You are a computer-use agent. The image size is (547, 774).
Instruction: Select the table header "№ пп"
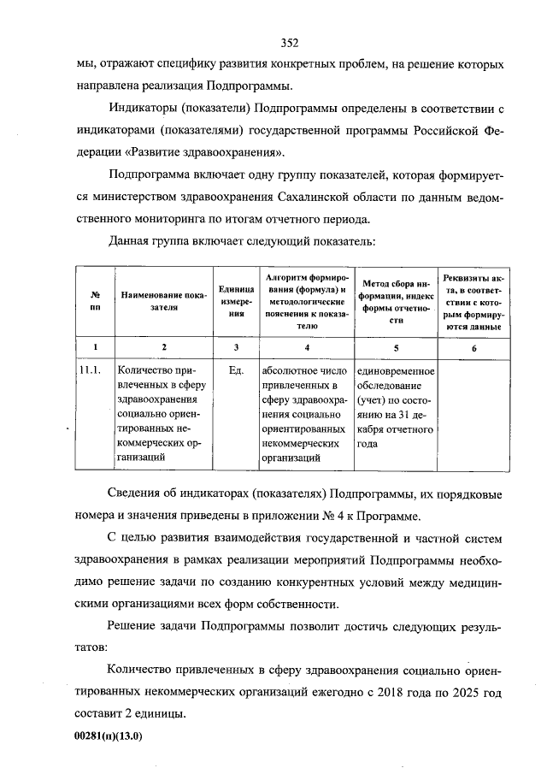[95, 301]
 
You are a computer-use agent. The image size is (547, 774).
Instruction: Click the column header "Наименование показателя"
[164, 301]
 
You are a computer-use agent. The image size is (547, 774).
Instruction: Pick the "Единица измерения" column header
[236, 301]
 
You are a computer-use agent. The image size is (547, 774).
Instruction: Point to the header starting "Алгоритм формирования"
[307, 301]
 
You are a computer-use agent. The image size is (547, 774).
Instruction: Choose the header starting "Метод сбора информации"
[396, 301]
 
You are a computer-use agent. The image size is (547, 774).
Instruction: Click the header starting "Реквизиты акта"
[474, 301]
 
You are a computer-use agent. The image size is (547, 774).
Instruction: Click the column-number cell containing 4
[307, 347]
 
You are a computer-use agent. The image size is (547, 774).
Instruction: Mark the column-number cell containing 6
[474, 347]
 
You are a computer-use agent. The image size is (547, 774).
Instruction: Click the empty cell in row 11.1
[474, 415]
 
